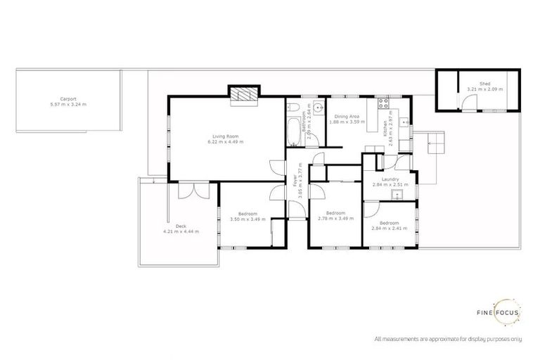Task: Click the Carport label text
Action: click(x=68, y=98)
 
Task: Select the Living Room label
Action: click(x=226, y=136)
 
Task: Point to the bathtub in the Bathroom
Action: click(x=293, y=130)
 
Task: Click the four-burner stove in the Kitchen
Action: click(x=385, y=105)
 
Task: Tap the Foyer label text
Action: click(x=293, y=181)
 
